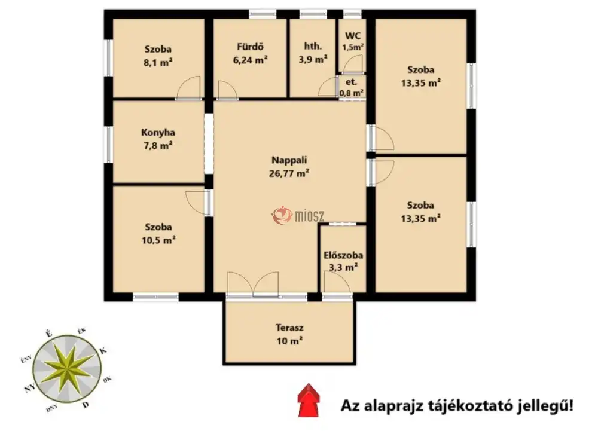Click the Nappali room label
[x=289, y=160]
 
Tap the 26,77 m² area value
[x=289, y=173]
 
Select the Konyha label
[x=158, y=133]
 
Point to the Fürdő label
[x=250, y=47]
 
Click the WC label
[x=353, y=36]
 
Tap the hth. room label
[x=313, y=46]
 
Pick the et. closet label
[x=351, y=82]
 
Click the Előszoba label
[x=343, y=255]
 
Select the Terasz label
[x=289, y=328]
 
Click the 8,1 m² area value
[x=158, y=62]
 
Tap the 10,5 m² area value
[x=158, y=240]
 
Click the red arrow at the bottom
[x=309, y=400]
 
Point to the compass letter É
[x=48, y=334]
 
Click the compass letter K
[x=103, y=350]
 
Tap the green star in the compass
[x=67, y=368]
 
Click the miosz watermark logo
[x=298, y=216]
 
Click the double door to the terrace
[x=253, y=285]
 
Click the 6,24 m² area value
[x=250, y=60]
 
